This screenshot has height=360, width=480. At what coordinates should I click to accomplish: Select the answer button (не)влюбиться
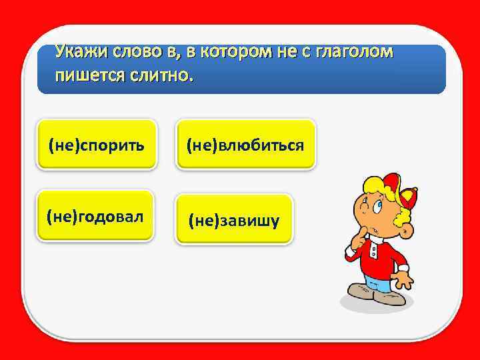pos(245,144)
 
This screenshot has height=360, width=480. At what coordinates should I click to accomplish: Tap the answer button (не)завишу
pos(233,220)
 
